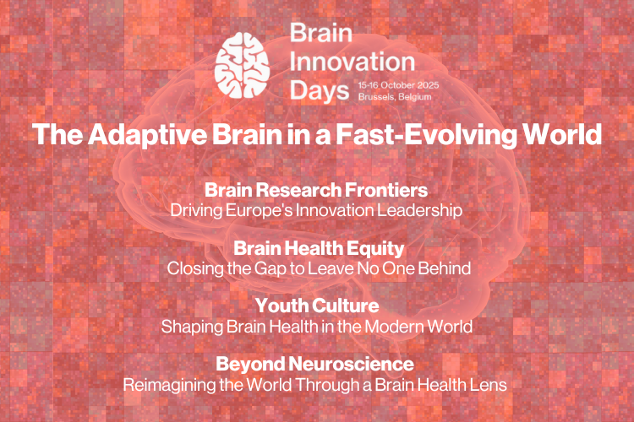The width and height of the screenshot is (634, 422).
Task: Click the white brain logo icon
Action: [x=243, y=65]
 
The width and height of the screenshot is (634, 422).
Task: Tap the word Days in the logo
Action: [x=320, y=91]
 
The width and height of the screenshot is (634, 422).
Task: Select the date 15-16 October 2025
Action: [x=398, y=85]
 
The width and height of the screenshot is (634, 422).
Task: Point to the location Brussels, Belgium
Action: [x=395, y=97]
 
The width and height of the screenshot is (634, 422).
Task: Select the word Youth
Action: [x=281, y=306]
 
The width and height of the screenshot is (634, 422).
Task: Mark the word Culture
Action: [x=345, y=306]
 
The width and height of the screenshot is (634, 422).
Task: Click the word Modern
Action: [x=391, y=327]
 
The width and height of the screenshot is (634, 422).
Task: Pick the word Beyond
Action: [x=249, y=365]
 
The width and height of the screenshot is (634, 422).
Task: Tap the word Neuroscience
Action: [x=351, y=365]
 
